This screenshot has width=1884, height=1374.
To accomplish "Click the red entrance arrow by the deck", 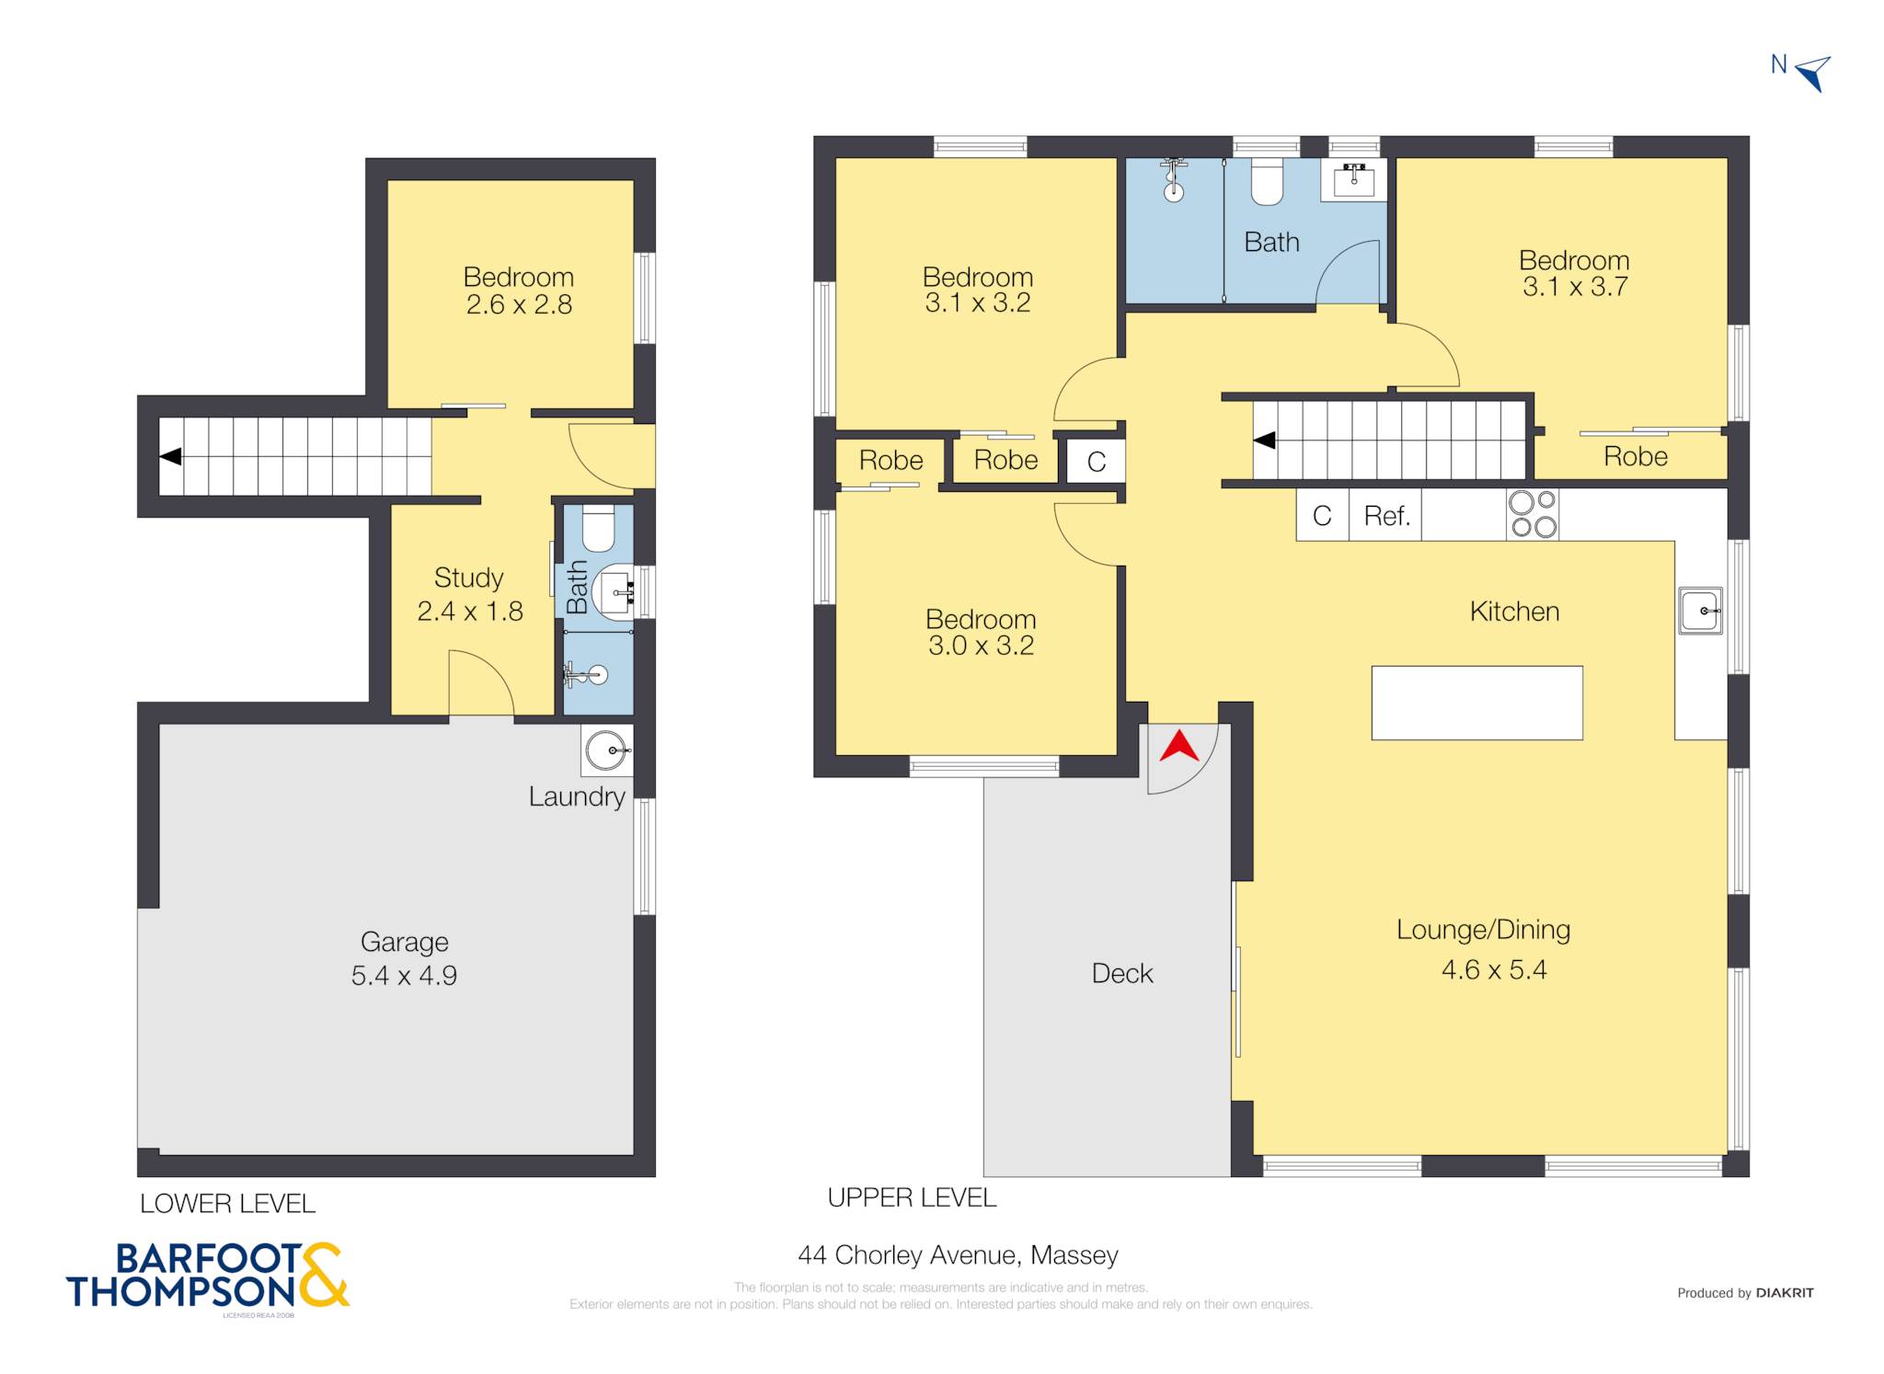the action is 1179,747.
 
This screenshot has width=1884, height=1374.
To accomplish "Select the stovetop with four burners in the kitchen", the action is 1533,514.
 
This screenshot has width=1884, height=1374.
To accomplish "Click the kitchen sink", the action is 1701,611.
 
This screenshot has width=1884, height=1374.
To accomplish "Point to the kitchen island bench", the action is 1476,703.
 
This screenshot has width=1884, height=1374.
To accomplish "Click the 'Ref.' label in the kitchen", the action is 1386,516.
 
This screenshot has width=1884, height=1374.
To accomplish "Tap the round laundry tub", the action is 607,750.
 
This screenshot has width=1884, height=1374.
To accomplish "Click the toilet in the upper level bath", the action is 1267,181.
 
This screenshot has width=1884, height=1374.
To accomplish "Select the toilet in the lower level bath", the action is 598,527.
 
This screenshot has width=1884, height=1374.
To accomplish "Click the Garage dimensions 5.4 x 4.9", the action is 404,975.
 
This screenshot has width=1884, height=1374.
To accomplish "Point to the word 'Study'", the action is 468,578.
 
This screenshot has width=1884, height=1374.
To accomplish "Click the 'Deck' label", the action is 1121,973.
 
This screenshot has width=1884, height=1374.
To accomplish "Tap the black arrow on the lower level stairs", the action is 170,456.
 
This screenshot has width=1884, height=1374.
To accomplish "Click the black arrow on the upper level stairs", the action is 1264,441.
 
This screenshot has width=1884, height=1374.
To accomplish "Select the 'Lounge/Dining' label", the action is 1483,930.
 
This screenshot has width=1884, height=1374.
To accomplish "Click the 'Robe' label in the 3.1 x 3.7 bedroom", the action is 1635,456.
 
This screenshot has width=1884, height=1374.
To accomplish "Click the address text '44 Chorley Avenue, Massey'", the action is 958,1255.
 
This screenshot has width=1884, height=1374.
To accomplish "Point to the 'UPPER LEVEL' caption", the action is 912,1197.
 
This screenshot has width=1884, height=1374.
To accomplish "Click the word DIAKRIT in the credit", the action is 1785,1293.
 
